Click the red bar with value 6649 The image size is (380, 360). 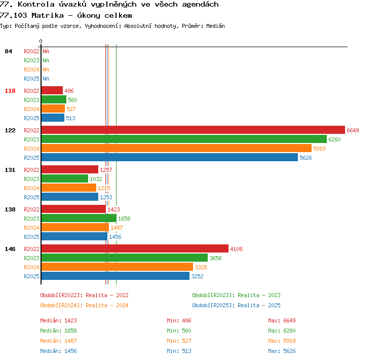193,130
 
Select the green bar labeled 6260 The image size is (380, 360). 184,139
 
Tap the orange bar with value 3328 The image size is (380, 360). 118,267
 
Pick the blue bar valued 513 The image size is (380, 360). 53,118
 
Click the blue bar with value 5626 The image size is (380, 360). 170,158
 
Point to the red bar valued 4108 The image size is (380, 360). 135,248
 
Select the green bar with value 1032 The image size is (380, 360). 65,179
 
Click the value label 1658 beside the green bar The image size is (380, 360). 124,219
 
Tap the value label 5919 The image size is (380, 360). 319,149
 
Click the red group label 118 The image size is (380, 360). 10,91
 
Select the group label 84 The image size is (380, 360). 8,51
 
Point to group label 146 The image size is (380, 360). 10,249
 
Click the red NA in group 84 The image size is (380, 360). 46,51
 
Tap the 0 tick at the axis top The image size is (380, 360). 41,41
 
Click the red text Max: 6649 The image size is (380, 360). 282,320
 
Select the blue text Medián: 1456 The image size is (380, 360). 58,351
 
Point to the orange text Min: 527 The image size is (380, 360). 179,341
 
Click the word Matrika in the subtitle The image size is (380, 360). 48,15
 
